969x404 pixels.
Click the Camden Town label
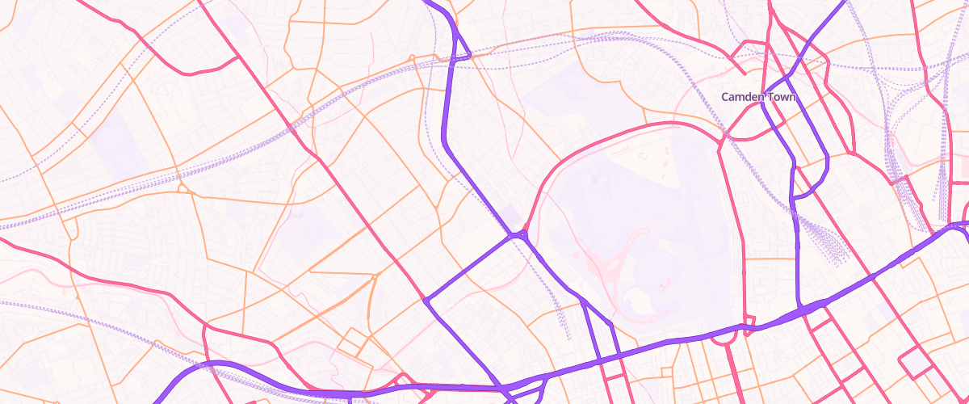[758, 97]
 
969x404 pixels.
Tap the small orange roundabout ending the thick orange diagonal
[375, 276]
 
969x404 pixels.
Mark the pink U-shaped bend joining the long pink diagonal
[194, 71]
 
